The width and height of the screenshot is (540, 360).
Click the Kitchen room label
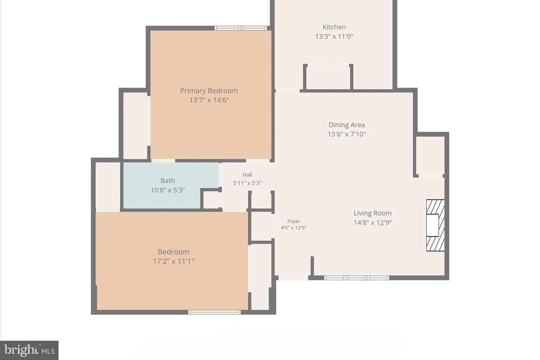pyautogui.click(x=334, y=27)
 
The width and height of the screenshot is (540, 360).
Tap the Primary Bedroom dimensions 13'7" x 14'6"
pyautogui.click(x=209, y=100)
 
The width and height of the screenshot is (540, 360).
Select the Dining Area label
pyautogui.click(x=346, y=125)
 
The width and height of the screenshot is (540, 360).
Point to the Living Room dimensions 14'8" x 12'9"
pyautogui.click(x=372, y=222)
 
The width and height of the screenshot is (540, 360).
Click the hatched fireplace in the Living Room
pyautogui.click(x=435, y=225)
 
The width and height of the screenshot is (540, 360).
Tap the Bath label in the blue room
pyautogui.click(x=168, y=181)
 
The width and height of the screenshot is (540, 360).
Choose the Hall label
pyautogui.click(x=247, y=175)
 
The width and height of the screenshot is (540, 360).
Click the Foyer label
pyautogui.click(x=294, y=221)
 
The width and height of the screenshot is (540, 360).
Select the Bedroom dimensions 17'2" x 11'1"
pyautogui.click(x=173, y=261)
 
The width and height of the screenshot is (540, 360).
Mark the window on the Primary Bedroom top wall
pyautogui.click(x=241, y=28)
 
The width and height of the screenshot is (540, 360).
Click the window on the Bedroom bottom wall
pyautogui.click(x=214, y=312)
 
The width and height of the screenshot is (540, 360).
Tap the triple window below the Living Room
pyautogui.click(x=357, y=278)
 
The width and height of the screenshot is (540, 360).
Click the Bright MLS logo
pyautogui.click(x=29, y=350)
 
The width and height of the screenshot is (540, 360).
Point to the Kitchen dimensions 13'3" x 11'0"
pyautogui.click(x=334, y=36)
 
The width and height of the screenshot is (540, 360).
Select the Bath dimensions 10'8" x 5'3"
pyautogui.click(x=168, y=190)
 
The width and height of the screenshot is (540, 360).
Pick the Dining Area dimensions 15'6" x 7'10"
pyautogui.click(x=346, y=134)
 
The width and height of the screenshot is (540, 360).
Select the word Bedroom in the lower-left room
pyautogui.click(x=173, y=252)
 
